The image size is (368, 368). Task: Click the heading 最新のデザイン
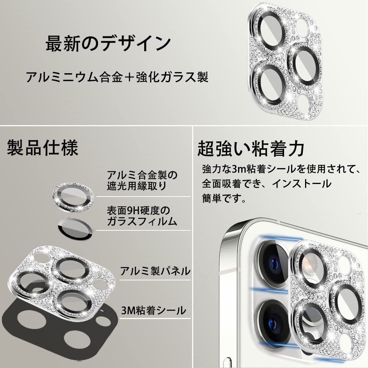pos(108,44)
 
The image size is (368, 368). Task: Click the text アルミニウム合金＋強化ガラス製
pos(117,78)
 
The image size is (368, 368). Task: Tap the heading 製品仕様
pos(42,148)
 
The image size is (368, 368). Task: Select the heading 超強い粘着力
pos(251,149)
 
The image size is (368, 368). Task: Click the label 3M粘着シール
pos(153,311)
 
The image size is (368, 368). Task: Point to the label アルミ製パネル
pos(155,271)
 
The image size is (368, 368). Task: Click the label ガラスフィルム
pos(142,222)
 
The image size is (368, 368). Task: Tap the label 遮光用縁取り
pos(136,186)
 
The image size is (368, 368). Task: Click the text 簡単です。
pos(224,199)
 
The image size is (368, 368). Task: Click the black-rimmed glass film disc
pos(75,228)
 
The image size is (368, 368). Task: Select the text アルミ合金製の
pos(142,174)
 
